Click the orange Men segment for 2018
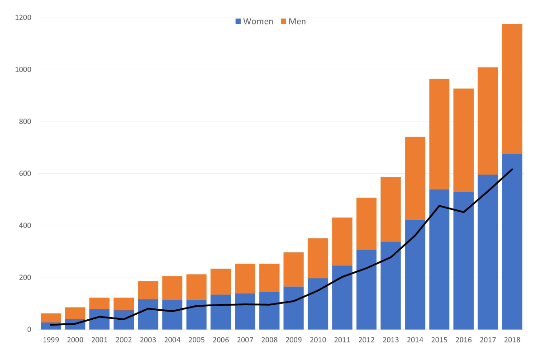tap(512, 89)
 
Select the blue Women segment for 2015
tap(439, 271)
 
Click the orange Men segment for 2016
tap(463, 140)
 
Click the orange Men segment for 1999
tap(51, 317)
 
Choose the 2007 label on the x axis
tap(245, 340)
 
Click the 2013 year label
tap(391, 340)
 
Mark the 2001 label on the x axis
tap(99, 340)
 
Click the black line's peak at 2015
tap(439, 206)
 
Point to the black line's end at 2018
tap(512, 169)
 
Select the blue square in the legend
tap(238, 21)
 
